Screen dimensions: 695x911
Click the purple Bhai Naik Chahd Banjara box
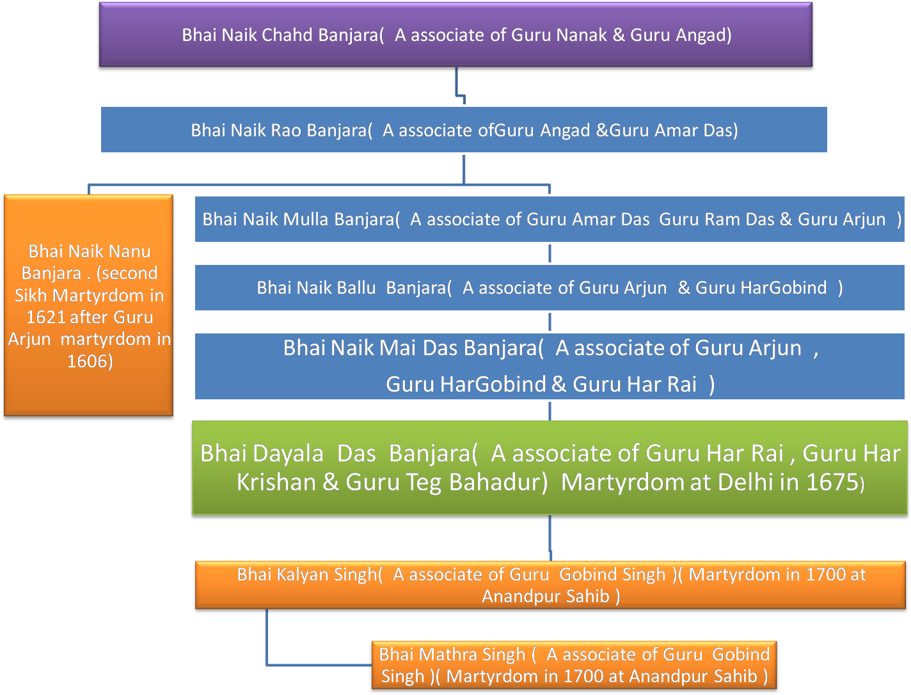click(x=456, y=35)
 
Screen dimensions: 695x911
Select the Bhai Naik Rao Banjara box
click(x=464, y=130)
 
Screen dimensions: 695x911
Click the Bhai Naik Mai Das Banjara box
click(x=550, y=366)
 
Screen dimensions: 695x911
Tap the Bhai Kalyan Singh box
click(x=550, y=585)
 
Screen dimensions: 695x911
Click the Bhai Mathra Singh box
click(x=574, y=666)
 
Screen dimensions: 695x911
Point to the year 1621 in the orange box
click(x=45, y=317)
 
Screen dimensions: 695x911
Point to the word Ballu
click(x=351, y=288)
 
